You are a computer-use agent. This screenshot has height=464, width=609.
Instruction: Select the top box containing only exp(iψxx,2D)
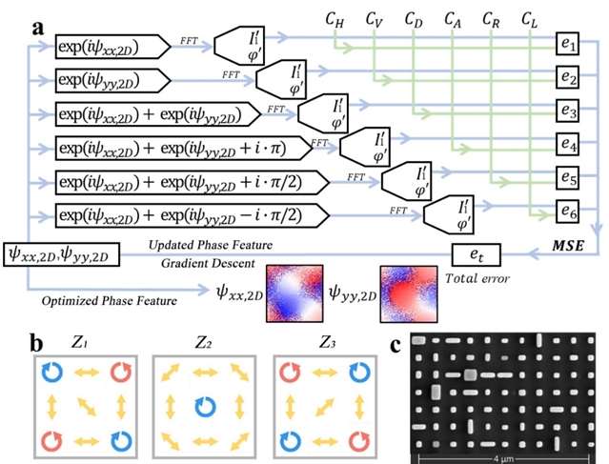click(x=112, y=46)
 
